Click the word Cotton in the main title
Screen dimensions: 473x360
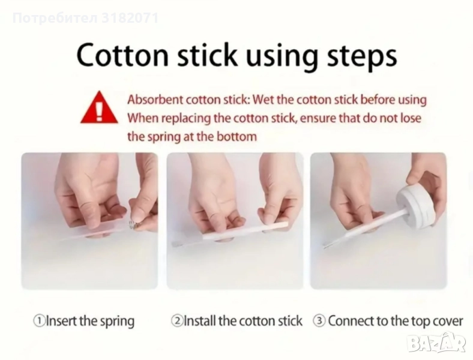122,55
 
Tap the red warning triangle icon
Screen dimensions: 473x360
99,107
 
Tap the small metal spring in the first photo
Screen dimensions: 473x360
133,224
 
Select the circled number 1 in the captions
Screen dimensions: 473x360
39,321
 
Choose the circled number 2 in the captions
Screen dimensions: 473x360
176,321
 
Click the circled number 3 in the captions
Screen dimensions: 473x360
319,321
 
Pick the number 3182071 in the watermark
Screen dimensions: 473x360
130,18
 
